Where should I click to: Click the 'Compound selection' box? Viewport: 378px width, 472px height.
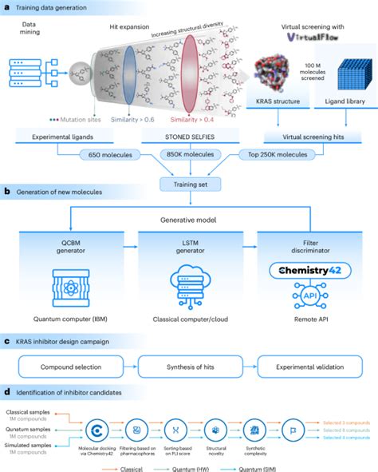(x=75, y=368)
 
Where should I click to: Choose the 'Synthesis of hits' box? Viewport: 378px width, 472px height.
(x=189, y=368)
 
